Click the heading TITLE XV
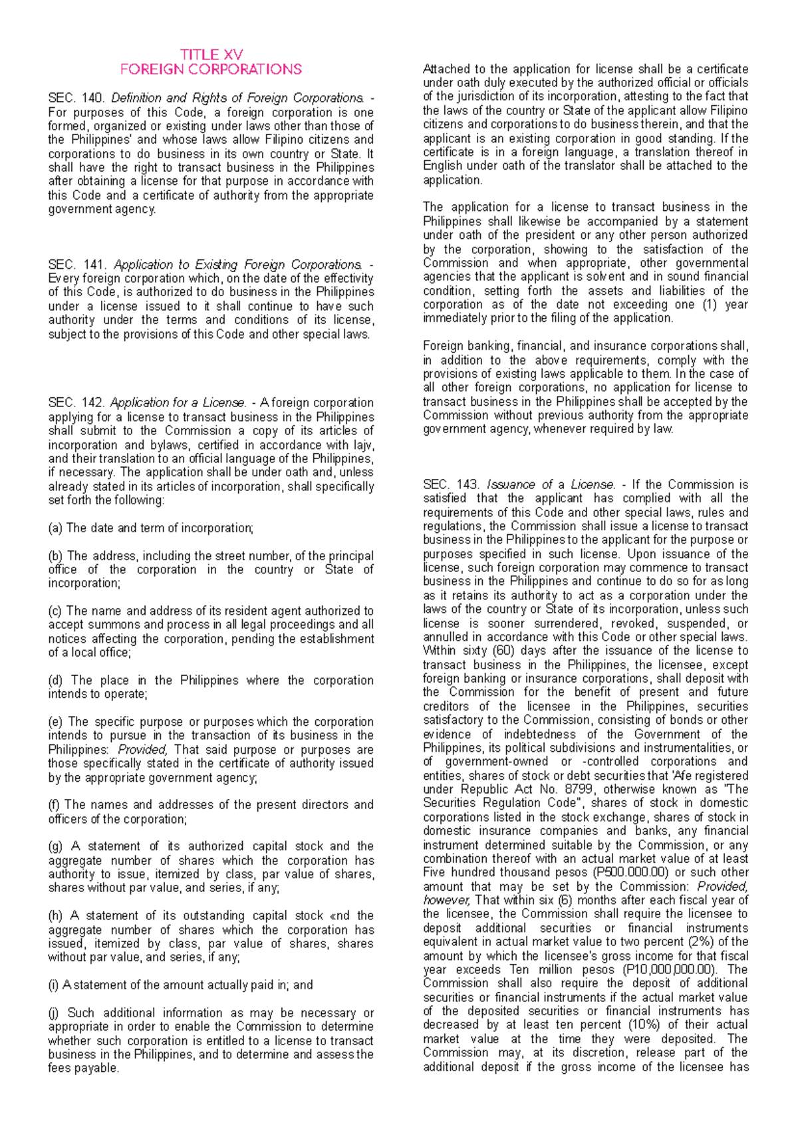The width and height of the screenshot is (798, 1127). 211,55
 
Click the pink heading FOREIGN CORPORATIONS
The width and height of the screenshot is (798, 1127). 211,69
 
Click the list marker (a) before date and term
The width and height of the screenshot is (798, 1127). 55,528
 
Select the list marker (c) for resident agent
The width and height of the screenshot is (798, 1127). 55,611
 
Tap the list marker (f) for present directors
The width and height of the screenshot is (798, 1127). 54,805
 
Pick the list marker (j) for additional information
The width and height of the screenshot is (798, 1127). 53,1013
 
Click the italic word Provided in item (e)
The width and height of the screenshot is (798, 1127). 142,750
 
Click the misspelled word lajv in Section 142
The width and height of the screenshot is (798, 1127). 362,445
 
